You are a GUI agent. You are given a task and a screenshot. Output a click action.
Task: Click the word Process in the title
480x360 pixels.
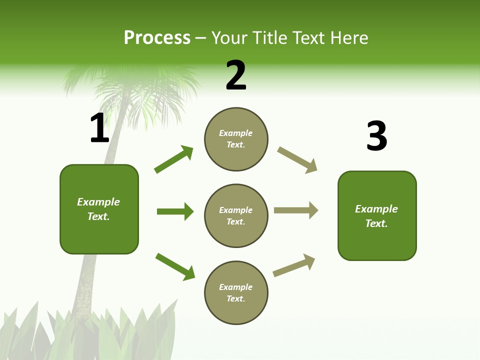[x=157, y=38]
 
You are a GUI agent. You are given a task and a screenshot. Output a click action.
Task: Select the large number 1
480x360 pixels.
[x=99, y=128]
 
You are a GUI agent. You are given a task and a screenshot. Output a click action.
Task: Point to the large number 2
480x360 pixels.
[x=235, y=76]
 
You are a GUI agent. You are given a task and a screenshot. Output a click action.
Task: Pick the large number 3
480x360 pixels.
[x=376, y=136]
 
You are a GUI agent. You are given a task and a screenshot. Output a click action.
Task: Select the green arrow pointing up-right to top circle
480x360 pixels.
[x=174, y=159]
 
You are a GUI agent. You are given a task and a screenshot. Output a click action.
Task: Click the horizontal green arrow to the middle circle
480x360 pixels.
[x=175, y=211]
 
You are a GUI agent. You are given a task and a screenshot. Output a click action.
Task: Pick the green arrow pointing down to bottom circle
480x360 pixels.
[x=175, y=266]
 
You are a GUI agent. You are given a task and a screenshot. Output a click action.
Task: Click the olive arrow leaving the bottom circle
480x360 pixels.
[x=294, y=265]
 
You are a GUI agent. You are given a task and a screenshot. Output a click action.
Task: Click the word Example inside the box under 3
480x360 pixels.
[x=376, y=209]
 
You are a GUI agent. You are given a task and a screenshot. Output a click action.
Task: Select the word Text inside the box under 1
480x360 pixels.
[x=98, y=216]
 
